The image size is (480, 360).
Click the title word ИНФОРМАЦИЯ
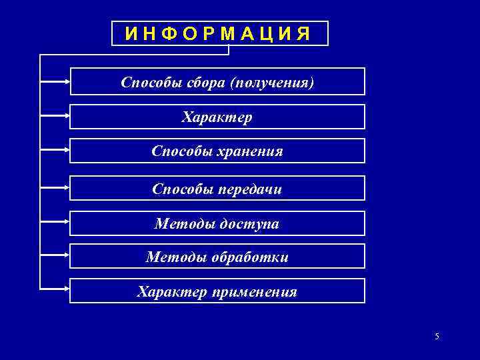point(219,33)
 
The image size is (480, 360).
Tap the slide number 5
point(437,337)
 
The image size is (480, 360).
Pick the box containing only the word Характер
point(217,117)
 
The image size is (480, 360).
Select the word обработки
point(250,257)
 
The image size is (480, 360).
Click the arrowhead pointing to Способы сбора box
point(66,82)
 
